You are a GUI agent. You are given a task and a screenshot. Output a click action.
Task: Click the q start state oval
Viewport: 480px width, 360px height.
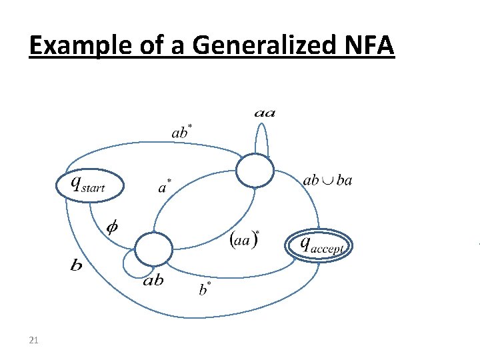click(x=89, y=185)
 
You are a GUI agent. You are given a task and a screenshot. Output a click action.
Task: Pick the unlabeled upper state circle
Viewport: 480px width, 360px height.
click(x=255, y=171)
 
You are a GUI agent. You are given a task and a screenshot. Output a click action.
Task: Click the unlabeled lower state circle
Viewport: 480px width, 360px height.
click(x=153, y=249)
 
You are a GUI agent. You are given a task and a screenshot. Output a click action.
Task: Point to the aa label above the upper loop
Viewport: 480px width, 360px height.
click(x=265, y=114)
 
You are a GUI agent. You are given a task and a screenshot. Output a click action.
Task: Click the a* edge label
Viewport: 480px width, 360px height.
click(x=165, y=187)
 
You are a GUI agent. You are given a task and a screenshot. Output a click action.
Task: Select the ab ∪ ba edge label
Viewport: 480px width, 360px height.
click(x=327, y=180)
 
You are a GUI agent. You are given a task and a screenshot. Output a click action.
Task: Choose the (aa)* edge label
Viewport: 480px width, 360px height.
click(x=245, y=237)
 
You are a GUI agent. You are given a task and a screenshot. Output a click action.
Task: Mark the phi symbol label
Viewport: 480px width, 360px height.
click(x=114, y=227)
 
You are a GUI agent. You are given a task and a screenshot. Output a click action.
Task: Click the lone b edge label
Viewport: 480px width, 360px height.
click(x=77, y=266)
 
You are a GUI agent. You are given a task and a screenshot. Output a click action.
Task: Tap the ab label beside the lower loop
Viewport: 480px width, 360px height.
click(x=153, y=280)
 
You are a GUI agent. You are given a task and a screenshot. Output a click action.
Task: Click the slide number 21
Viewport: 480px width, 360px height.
click(x=34, y=341)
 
